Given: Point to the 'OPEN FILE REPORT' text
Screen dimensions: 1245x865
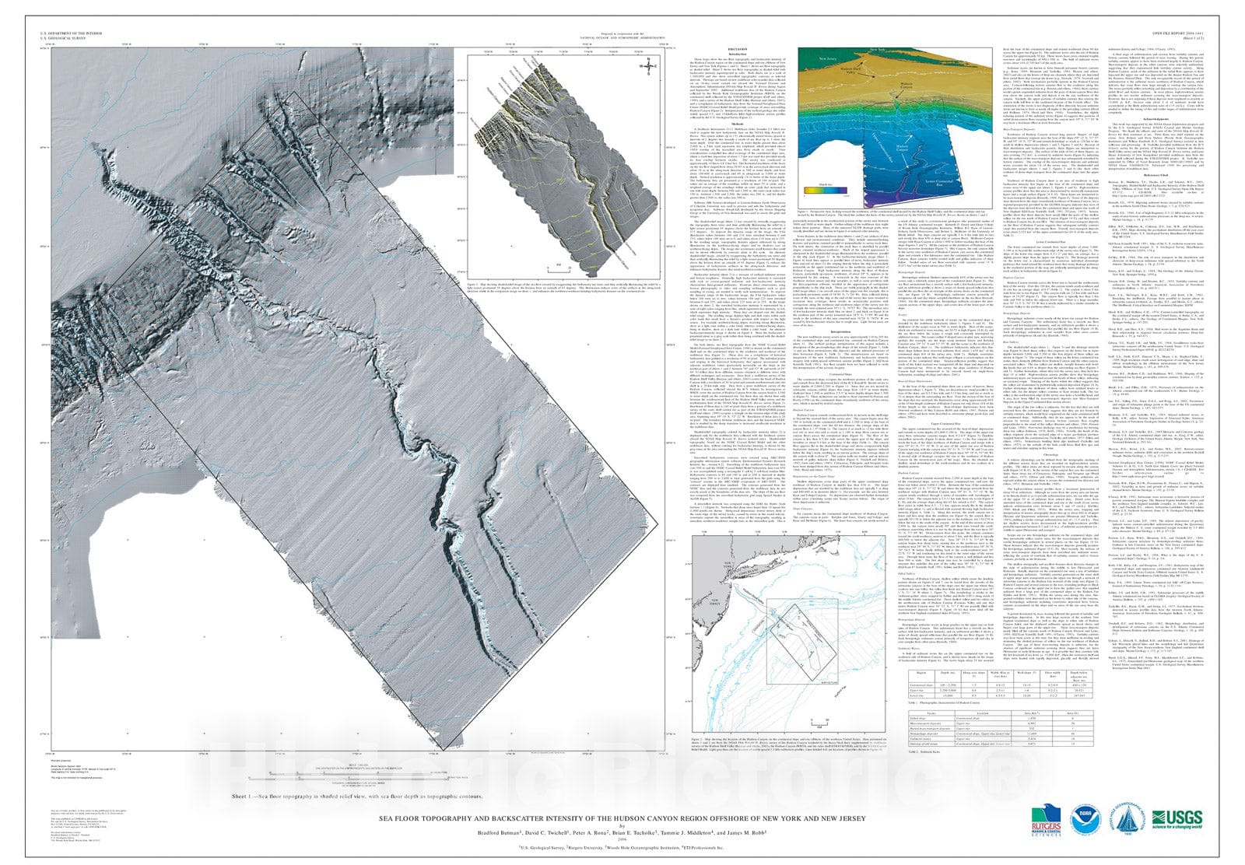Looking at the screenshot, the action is click(1194, 33).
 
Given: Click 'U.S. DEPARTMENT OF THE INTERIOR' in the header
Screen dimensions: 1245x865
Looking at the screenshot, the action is click(71, 33).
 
